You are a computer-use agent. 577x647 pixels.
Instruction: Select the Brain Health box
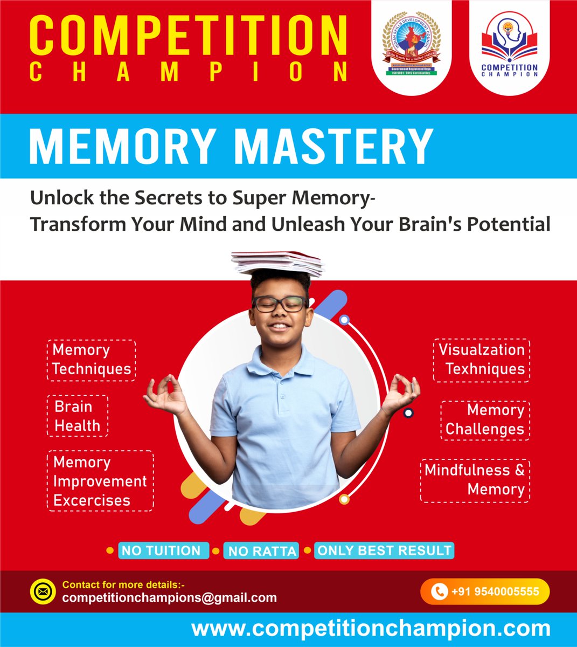coord(78,416)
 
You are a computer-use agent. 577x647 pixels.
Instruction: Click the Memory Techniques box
coord(91,360)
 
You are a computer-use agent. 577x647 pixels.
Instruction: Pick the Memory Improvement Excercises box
coord(100,481)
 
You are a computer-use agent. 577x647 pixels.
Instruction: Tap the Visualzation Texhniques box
coord(482,360)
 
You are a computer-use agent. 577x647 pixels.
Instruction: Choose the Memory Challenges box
coord(485,420)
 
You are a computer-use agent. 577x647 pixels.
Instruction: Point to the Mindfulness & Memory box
coord(475,480)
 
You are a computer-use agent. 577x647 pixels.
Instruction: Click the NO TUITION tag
coord(162,551)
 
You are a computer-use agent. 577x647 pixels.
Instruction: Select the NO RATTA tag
coord(262,551)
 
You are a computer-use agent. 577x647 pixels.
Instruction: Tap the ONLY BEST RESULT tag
coord(384,550)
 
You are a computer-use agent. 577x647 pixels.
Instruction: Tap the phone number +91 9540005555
coord(495,591)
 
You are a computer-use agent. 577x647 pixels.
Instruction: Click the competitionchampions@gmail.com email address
coord(170,598)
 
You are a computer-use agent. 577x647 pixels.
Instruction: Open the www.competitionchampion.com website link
coord(371,629)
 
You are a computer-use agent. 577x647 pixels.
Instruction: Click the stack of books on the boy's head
coord(277,263)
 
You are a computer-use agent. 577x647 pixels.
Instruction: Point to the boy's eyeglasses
coord(280,304)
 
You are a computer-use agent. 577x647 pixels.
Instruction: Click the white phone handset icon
coord(440,591)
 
